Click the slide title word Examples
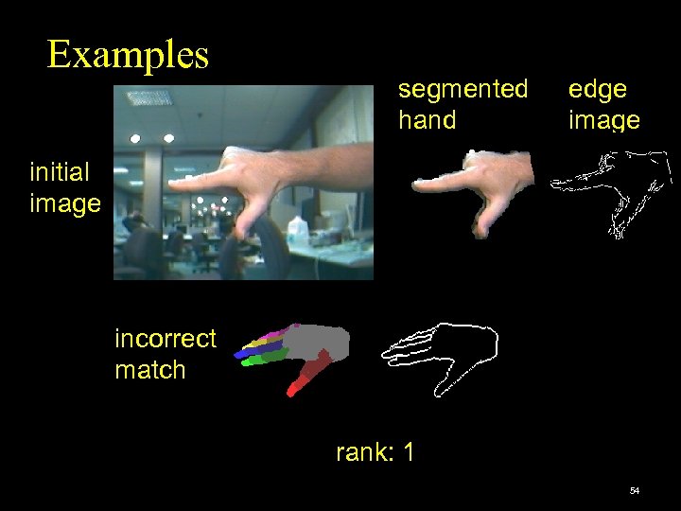click(x=128, y=55)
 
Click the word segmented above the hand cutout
click(x=463, y=89)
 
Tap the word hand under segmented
click(x=427, y=120)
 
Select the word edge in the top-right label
click(x=597, y=90)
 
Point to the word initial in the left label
click(x=60, y=172)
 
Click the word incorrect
click(x=165, y=339)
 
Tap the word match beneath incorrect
click(x=149, y=370)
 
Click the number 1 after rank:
click(x=408, y=453)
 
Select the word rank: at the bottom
click(x=362, y=453)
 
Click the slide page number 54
click(x=634, y=491)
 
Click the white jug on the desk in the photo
click(x=297, y=229)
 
